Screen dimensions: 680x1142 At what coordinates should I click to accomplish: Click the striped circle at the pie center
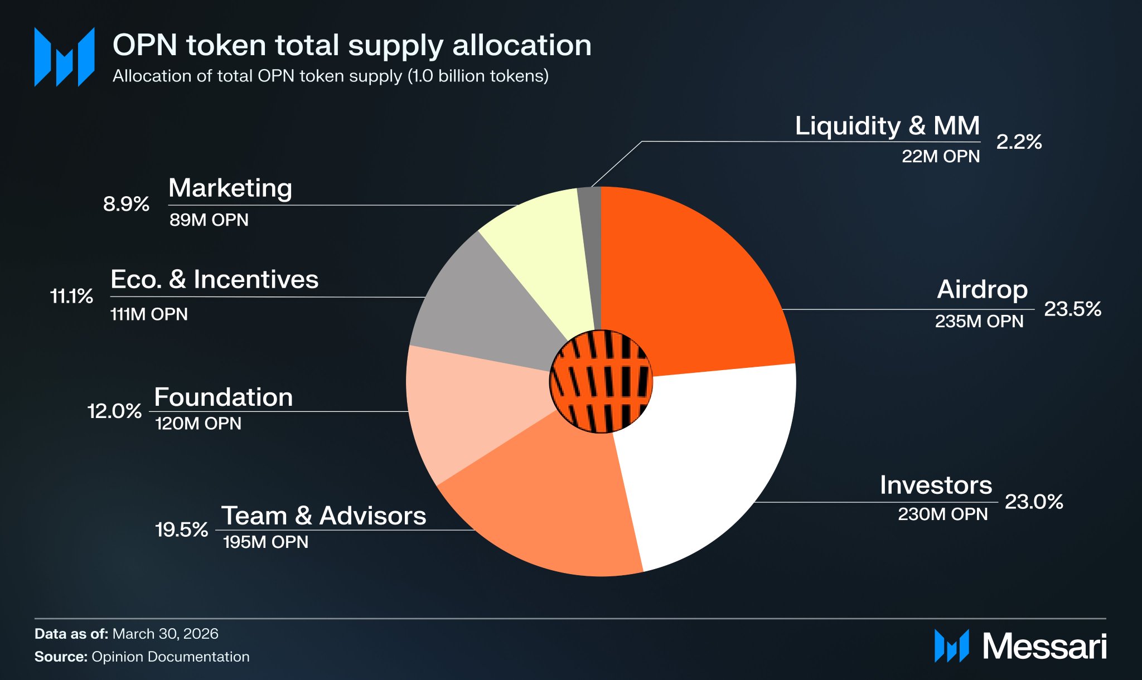tap(601, 381)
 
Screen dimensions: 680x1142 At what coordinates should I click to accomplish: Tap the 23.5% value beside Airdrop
tap(1072, 309)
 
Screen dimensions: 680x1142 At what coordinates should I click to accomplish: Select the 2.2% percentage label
tap(1019, 142)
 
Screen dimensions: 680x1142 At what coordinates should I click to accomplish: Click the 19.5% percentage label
tap(181, 530)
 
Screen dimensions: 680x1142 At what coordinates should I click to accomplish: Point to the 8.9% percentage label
tap(126, 204)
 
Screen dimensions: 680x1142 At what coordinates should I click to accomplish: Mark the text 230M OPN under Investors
tap(942, 514)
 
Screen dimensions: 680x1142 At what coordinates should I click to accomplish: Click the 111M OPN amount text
tap(149, 314)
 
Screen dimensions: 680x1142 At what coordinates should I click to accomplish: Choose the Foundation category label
tap(223, 397)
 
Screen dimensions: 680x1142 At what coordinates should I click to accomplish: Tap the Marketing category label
tap(230, 188)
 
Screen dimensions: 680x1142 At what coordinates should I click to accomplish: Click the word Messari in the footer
tap(1044, 647)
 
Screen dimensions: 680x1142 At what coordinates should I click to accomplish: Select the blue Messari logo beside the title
tap(64, 57)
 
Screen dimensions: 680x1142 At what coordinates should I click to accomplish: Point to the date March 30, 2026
tap(165, 634)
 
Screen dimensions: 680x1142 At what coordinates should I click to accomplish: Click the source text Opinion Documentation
tap(170, 657)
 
